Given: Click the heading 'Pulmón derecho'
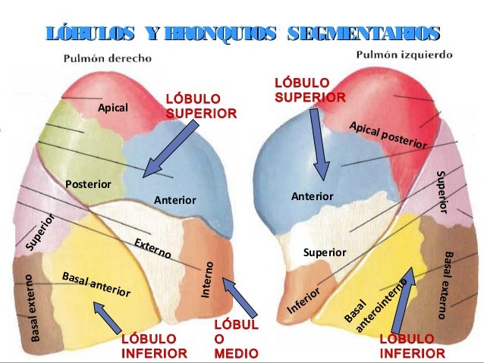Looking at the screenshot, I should [x=106, y=58].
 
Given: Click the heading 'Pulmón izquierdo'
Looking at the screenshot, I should [x=404, y=55].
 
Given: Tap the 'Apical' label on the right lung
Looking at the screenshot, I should [x=113, y=108].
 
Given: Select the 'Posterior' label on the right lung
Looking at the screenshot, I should [x=88, y=184].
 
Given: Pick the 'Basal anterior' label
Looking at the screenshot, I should [x=96, y=283].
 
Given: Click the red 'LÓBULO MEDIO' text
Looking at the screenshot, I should [x=236, y=340].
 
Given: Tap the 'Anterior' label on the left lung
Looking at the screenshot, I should [x=313, y=196].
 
